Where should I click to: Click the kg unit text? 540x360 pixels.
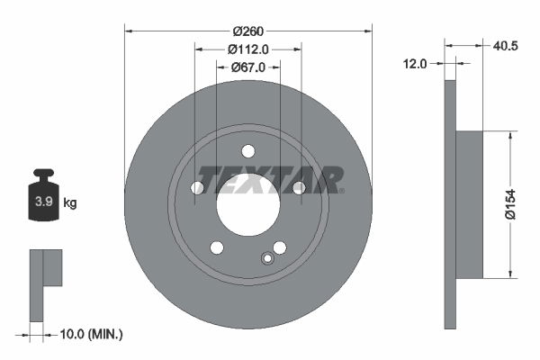tap(70, 203)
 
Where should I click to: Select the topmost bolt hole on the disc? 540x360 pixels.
tap(248, 150)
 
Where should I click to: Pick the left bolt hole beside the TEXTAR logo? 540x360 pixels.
tap(197, 187)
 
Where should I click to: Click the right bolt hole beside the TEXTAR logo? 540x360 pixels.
tap(299, 187)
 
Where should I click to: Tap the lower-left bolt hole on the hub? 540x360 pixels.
tap(217, 247)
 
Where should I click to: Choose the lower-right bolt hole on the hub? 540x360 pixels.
tap(280, 247)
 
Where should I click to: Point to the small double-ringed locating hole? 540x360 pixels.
tap(266, 259)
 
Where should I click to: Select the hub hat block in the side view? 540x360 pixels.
tap(469, 204)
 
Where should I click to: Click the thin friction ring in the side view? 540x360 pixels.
tap(451, 204)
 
